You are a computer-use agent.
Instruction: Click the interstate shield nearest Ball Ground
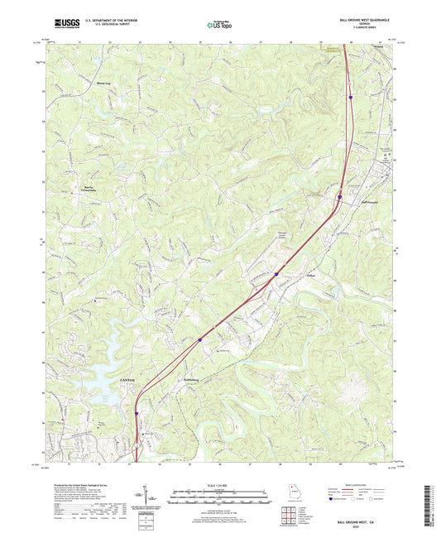[x=339, y=197]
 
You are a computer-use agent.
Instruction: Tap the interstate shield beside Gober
[x=276, y=274]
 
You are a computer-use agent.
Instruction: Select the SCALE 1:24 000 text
[x=220, y=484]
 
